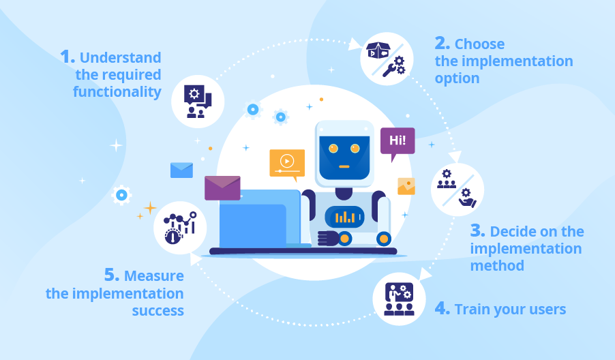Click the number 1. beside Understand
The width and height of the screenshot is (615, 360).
point(67,57)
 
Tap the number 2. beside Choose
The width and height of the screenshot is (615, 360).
point(442,44)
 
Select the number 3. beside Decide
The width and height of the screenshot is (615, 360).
point(477,230)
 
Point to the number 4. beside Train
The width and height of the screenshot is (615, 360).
point(442,309)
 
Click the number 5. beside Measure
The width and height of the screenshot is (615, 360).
point(112,275)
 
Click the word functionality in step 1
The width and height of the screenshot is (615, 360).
point(117,91)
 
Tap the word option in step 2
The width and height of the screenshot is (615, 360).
point(457,78)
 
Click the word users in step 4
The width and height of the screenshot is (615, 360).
point(543,310)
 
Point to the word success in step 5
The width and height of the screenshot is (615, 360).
point(157,310)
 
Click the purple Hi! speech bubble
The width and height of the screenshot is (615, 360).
point(397,142)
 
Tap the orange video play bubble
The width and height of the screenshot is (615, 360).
point(287,163)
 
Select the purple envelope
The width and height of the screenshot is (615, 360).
point(222,187)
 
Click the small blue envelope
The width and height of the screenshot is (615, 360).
point(181,170)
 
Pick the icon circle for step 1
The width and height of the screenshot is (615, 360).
point(198,102)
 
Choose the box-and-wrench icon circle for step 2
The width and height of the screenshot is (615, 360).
point(386,59)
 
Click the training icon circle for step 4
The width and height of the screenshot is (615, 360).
point(399,299)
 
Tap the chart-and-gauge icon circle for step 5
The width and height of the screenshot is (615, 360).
point(180,227)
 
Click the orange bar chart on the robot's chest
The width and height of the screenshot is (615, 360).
point(346,217)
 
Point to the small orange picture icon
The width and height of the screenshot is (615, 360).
point(406,186)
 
